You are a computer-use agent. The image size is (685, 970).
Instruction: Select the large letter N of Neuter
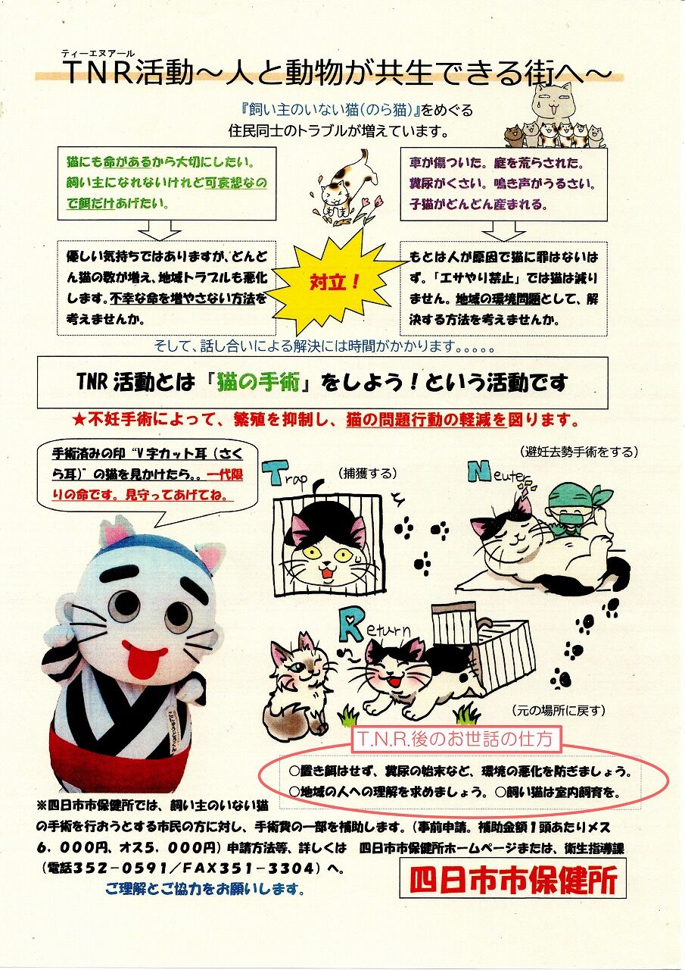pos(479,472)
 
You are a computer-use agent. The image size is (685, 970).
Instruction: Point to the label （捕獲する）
pos(368,474)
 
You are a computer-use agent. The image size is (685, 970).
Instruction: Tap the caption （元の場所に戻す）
pos(557,711)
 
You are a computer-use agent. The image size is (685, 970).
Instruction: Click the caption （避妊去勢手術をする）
pos(578,452)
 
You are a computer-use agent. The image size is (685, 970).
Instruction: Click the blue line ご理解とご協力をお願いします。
pos(205,889)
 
